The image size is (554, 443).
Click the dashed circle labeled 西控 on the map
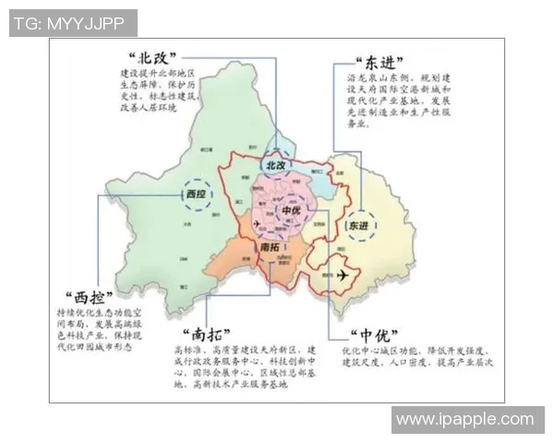[x=196, y=195]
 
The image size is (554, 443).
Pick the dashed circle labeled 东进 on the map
[x=355, y=226]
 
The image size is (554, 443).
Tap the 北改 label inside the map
[x=275, y=164]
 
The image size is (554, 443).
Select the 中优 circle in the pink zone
[x=292, y=210]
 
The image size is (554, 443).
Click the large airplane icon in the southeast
[x=343, y=276]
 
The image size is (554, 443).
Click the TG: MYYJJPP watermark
[x=73, y=23]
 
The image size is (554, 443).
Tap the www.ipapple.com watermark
[x=464, y=420]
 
